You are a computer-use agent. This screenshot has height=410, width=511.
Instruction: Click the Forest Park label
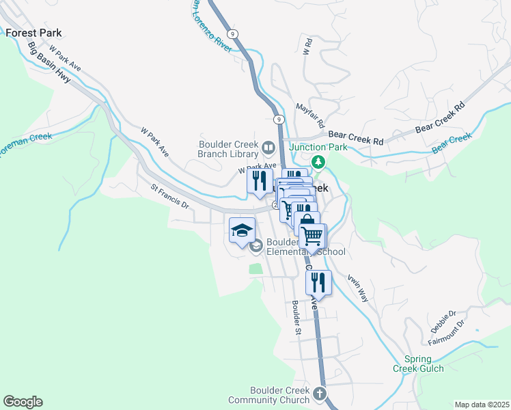tap(33, 32)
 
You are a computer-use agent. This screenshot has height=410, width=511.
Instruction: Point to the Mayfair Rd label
tap(309, 115)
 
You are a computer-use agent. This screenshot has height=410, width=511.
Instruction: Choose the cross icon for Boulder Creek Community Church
tap(318, 394)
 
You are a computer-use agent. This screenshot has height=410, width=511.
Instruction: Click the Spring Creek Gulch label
tap(417, 364)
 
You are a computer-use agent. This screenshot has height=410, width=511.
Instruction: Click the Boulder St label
tap(296, 317)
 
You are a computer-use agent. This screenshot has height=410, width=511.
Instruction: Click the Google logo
tap(23, 402)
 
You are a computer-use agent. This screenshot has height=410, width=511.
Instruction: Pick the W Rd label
tap(307, 46)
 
